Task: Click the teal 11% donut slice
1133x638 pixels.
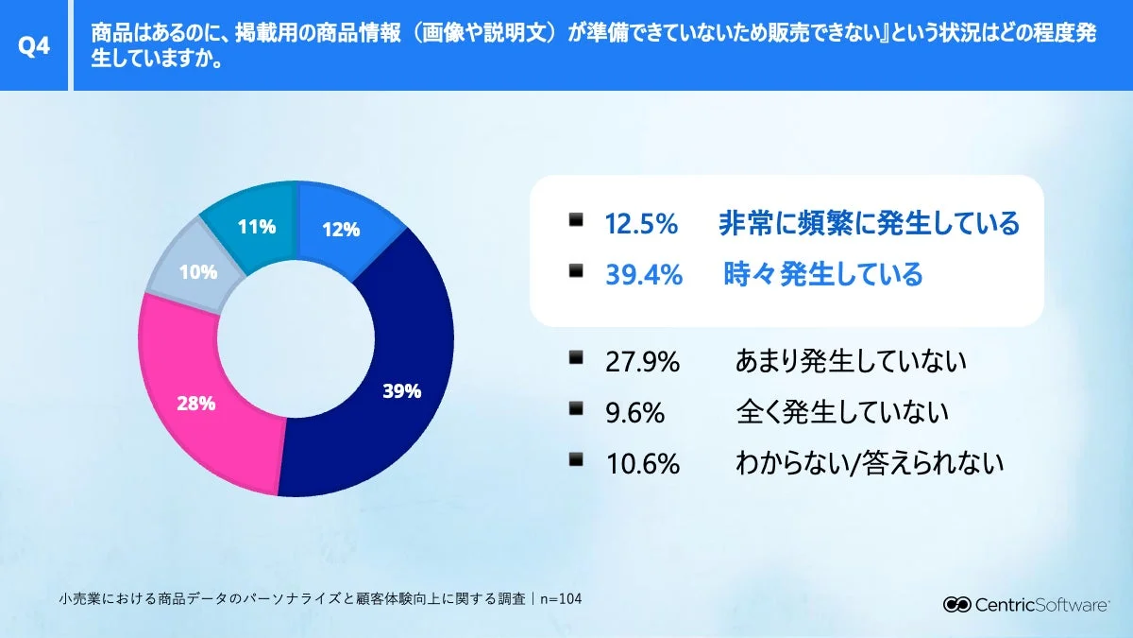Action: coord(255,227)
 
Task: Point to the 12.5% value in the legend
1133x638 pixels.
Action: coord(642,225)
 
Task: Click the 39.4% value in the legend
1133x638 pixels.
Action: coord(644,275)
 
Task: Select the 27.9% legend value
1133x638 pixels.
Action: coord(642,362)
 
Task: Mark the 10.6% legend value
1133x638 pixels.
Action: coord(642,463)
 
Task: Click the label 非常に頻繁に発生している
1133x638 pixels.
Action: coord(869,225)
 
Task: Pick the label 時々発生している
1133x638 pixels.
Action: coord(821,275)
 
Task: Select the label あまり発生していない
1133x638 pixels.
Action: coord(851,362)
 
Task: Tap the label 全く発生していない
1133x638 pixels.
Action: coord(841,413)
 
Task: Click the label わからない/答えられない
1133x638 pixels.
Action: coord(869,463)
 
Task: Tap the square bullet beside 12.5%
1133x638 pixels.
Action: coord(576,221)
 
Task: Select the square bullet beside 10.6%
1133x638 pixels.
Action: coord(576,459)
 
